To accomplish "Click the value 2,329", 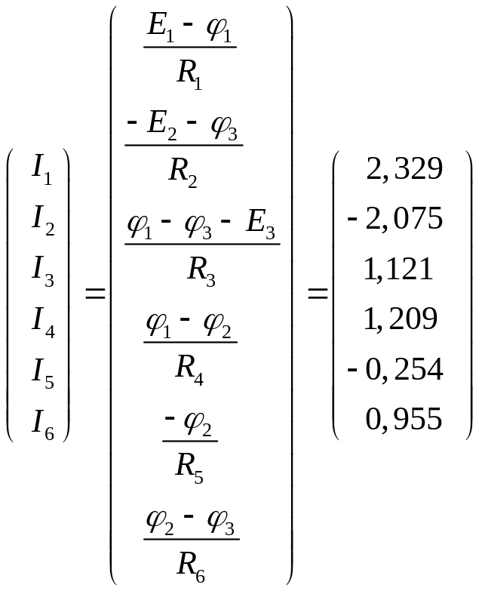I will [x=404, y=169].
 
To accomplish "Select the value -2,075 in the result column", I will [x=395, y=219].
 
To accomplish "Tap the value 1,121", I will [x=398, y=269].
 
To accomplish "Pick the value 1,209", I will [x=401, y=319].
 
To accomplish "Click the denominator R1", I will [x=189, y=72].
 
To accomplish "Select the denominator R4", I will [x=189, y=368].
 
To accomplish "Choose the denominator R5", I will [x=189, y=467].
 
